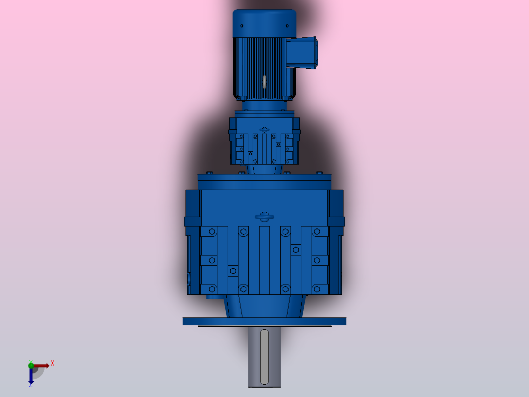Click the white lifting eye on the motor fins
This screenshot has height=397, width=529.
264,82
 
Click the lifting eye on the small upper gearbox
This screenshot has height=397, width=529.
264,130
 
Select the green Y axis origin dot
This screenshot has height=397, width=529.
31,364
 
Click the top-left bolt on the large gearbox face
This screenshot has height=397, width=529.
212,231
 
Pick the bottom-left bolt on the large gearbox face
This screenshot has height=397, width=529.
212,288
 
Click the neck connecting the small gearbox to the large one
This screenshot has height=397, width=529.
264,169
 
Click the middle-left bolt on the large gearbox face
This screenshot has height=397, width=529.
212,259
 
